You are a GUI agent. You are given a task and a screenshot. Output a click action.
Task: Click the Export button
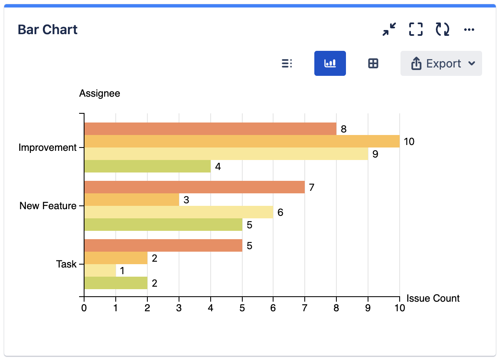click(x=441, y=64)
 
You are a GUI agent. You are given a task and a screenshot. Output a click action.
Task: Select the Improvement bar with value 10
click(x=241, y=142)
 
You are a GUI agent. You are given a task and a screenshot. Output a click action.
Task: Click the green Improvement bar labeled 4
click(x=147, y=167)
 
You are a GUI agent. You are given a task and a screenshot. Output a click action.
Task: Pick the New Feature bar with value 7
click(x=194, y=187)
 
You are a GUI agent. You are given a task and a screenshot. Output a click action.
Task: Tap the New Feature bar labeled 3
click(x=132, y=200)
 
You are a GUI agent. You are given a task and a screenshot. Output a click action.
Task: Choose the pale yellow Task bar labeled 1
click(x=100, y=271)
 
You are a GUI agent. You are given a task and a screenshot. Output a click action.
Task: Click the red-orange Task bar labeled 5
click(x=163, y=246)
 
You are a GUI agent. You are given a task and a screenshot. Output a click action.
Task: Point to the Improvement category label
click(x=47, y=148)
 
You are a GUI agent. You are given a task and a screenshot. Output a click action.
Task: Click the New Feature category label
click(x=48, y=206)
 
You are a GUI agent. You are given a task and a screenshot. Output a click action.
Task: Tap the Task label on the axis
click(x=66, y=264)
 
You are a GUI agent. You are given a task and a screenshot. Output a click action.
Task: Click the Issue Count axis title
click(x=433, y=298)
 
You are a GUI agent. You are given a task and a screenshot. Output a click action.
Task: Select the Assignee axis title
click(x=100, y=93)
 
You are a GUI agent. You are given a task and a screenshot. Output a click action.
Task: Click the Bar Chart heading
click(x=47, y=30)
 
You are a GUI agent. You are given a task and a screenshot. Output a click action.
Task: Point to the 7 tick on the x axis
click(x=305, y=308)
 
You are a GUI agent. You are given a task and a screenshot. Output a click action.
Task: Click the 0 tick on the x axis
click(x=84, y=308)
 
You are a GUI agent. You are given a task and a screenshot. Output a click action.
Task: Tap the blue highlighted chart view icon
click(x=330, y=64)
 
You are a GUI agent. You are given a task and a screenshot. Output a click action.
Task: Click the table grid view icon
click(x=373, y=64)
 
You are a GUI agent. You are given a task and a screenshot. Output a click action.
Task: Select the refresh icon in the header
click(x=442, y=30)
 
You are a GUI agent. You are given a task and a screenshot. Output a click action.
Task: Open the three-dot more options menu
click(x=469, y=30)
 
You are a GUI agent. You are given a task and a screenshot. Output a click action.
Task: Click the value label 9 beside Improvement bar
click(x=375, y=154)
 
